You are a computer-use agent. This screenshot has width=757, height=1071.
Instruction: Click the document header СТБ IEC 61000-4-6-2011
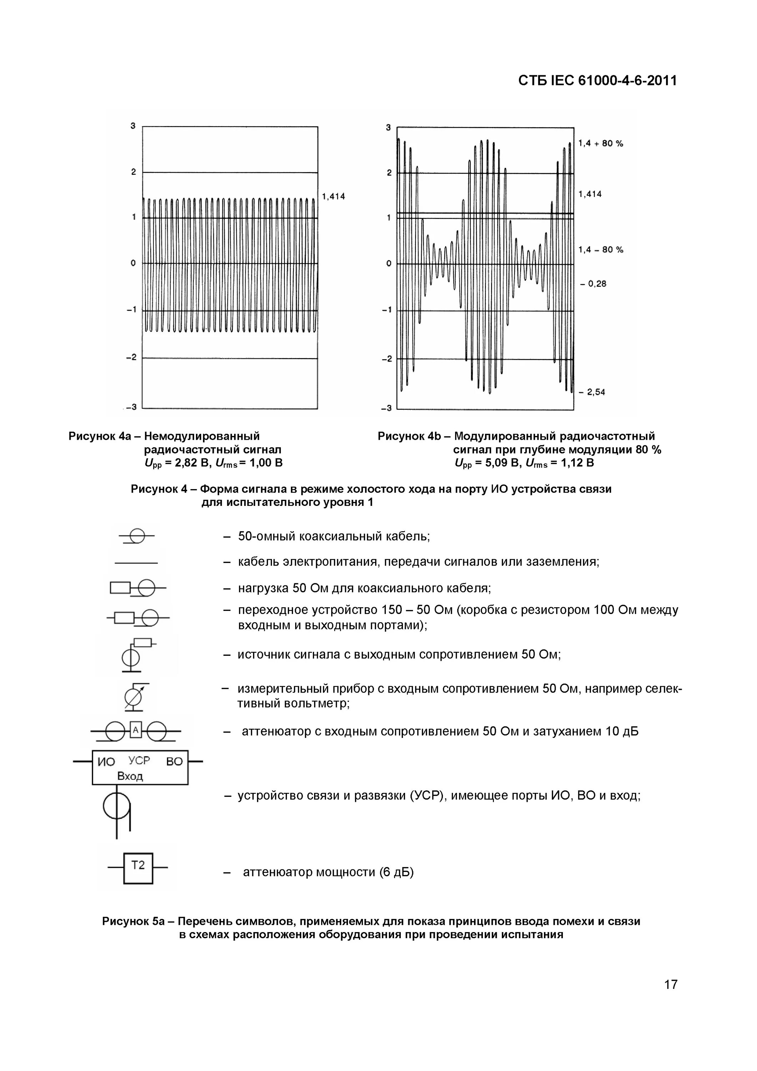pos(597,81)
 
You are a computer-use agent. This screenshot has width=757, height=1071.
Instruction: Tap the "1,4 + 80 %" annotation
pos(600,143)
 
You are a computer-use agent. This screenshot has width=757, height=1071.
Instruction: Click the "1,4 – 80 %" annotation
pos(600,250)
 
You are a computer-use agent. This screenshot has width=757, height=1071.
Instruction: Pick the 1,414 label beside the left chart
pos(333,196)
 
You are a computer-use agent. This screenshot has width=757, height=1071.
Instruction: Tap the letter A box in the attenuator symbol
pos(136,730)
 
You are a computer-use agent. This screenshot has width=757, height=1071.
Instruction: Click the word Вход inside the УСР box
pos(130,776)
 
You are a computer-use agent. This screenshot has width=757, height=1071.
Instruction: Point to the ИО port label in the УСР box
pos(106,762)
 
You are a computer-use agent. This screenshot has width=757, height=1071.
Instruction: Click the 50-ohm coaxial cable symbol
pos(137,537)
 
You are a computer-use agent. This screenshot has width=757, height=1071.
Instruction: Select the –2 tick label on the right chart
pos(387,359)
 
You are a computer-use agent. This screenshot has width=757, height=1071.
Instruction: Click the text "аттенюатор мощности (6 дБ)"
pos(328,872)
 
